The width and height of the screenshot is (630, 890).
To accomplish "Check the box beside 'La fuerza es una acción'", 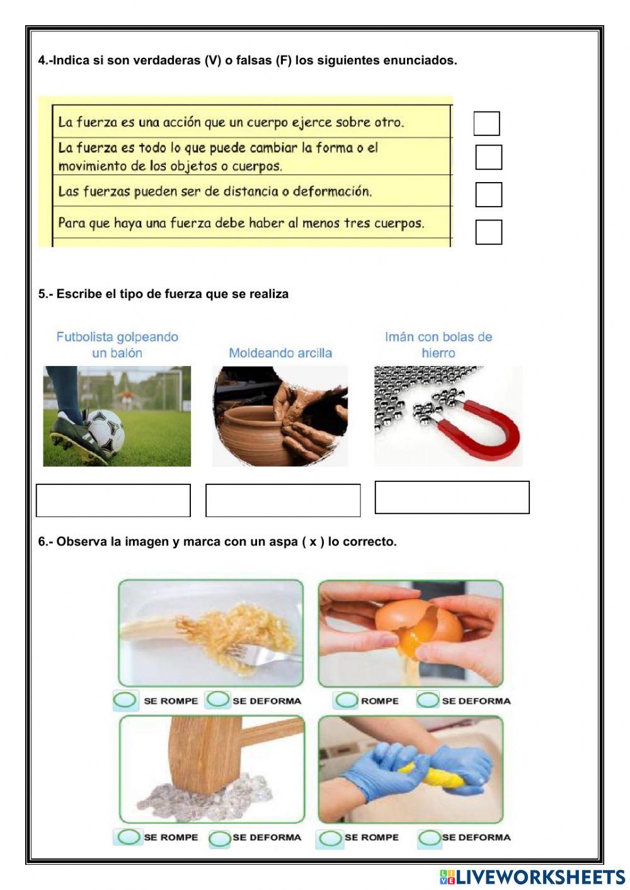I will [486, 123].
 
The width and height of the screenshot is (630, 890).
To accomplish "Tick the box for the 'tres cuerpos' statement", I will [488, 232].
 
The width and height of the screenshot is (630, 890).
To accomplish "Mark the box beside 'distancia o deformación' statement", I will [488, 195].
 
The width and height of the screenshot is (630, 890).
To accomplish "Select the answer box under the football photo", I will [113, 501].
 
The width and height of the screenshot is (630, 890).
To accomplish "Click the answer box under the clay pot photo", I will [283, 501].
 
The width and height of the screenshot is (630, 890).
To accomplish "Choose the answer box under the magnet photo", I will [452, 498].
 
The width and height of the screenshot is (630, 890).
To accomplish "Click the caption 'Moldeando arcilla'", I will [280, 353].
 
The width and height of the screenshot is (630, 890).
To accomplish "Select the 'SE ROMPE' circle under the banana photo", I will [125, 700].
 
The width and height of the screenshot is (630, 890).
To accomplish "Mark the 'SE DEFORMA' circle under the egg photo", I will [428, 700].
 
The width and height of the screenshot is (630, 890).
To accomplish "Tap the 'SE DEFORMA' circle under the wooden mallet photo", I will [220, 838].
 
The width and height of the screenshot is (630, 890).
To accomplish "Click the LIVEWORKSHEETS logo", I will [532, 877].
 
